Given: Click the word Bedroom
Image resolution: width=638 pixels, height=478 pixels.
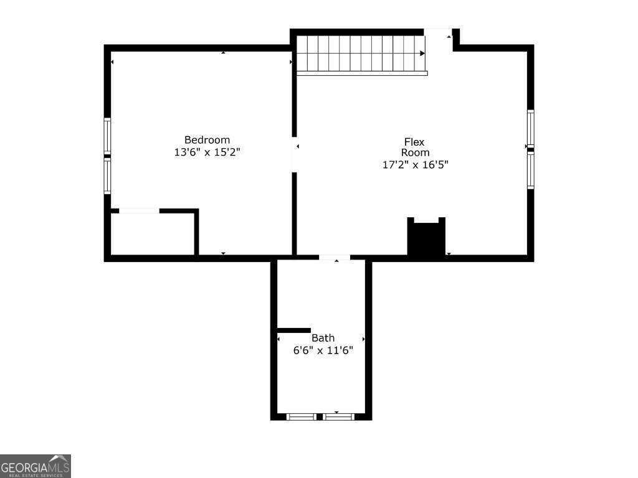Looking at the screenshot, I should point(207,140).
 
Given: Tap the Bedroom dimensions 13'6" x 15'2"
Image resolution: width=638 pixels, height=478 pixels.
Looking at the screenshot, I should point(207,152).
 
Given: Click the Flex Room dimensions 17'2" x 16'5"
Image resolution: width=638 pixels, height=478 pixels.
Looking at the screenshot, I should point(415,165).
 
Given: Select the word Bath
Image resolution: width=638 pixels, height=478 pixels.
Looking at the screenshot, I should point(323,338).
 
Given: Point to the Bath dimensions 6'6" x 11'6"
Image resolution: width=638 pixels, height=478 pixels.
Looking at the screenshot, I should point(323,350).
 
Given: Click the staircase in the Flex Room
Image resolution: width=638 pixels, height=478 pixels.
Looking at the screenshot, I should point(360,54).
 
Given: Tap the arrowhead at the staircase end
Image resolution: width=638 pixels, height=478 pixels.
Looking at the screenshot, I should point(422,54).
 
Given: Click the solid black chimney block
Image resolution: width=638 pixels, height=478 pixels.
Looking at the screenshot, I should point(426,239).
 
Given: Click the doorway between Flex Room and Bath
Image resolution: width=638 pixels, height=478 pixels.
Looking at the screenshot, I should point(335,257).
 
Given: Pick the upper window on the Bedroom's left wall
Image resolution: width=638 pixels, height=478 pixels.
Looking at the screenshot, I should point(107,136).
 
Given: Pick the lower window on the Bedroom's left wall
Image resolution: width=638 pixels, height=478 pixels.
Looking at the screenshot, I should point(107,176).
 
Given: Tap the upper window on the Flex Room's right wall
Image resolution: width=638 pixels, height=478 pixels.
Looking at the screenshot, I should point(531,128).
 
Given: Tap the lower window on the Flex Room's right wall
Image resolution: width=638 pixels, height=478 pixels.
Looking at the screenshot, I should point(531,171).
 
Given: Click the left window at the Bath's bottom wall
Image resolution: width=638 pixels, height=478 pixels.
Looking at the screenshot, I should point(302,416).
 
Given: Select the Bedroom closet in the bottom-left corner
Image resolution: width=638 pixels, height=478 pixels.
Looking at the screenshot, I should point(153,234).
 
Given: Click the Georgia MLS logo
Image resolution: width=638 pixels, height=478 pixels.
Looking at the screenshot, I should point(36,466).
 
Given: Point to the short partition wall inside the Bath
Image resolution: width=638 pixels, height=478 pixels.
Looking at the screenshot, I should point(293,330).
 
